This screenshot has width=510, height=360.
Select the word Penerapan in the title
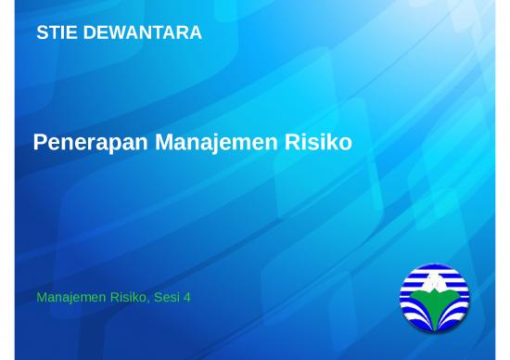pos(91,143)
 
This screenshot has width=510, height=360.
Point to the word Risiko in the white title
pos(324,143)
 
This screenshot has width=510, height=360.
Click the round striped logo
pos(435,298)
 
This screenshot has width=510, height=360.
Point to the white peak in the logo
pos(435,281)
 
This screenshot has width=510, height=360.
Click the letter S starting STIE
pos(42,33)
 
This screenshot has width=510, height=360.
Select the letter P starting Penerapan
pos(40,143)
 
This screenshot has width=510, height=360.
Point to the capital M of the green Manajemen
pos(42,298)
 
